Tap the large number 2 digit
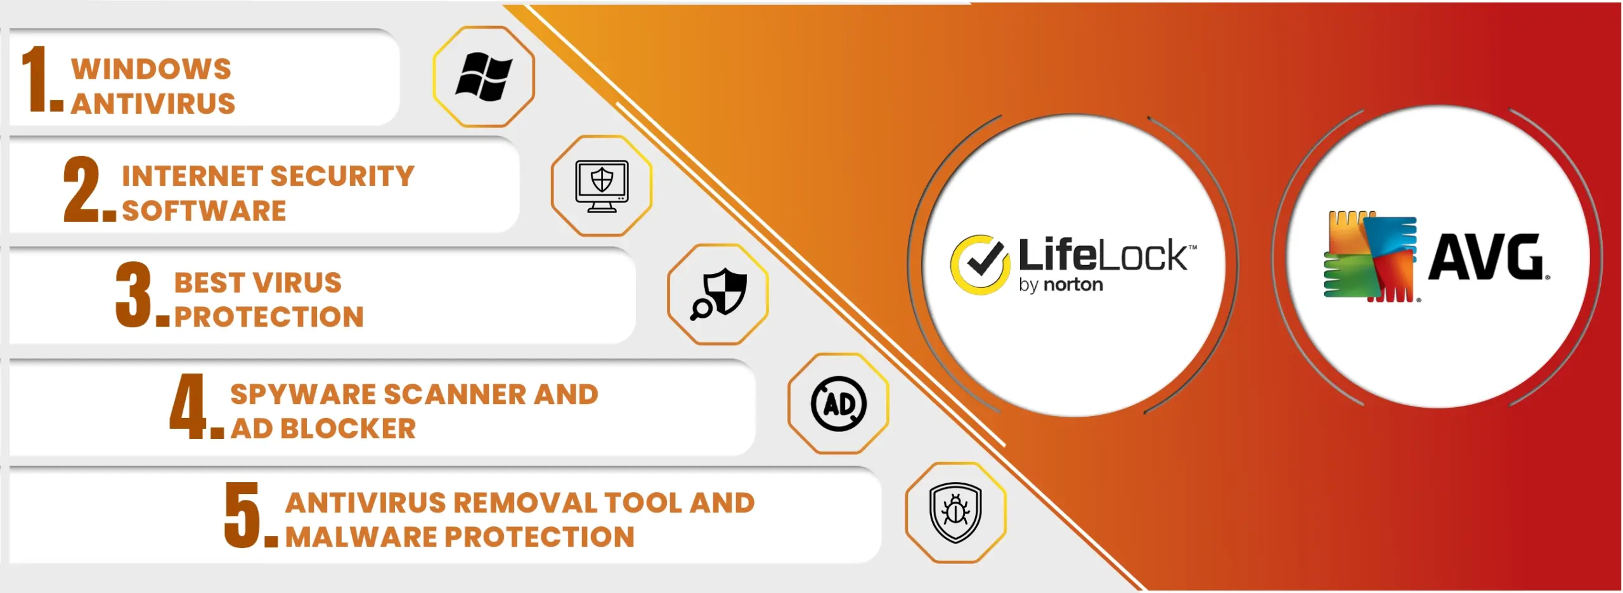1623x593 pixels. pos(82,189)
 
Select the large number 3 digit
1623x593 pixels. pos(134,295)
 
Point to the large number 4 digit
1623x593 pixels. pos(188,406)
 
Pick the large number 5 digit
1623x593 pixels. pos(243,514)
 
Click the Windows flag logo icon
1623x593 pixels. pos(484,77)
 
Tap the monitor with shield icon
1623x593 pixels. pos(602,186)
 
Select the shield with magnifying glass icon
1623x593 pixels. pos(718,294)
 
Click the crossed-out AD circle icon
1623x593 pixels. pos(839,404)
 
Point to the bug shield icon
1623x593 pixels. pos(955,512)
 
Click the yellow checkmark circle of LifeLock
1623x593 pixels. pos(980,265)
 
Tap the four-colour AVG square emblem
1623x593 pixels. pos(1370,256)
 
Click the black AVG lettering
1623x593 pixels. pos(1485,256)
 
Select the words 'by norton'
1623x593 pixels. pos(1061,285)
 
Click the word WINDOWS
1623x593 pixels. pos(152,69)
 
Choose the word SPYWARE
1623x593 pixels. pos(304,394)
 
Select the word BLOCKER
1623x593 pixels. pos(348,429)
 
